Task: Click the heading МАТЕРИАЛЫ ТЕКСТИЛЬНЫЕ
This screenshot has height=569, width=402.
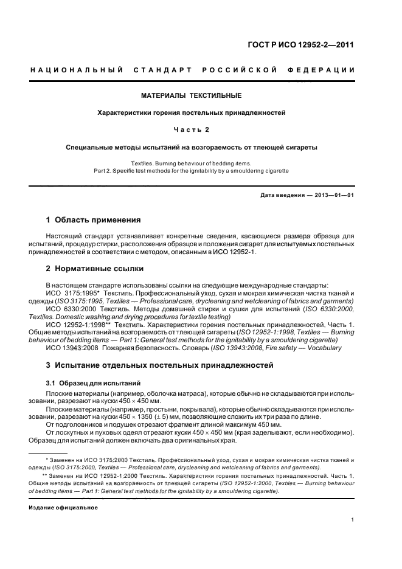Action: coord(192,95)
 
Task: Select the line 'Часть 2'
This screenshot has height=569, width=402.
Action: coord(192,129)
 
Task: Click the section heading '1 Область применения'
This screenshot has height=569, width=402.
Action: coord(94,219)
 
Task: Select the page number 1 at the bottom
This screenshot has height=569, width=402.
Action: coord(352,519)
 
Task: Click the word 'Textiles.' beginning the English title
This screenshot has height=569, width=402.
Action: coord(144,163)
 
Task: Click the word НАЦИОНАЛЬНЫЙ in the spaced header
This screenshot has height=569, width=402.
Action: coord(77,71)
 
